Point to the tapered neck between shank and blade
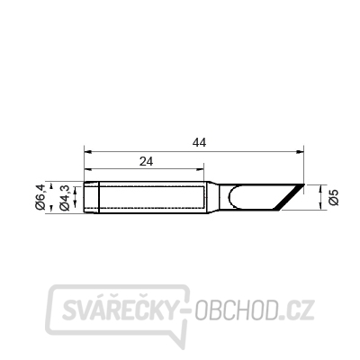point(215,198)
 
